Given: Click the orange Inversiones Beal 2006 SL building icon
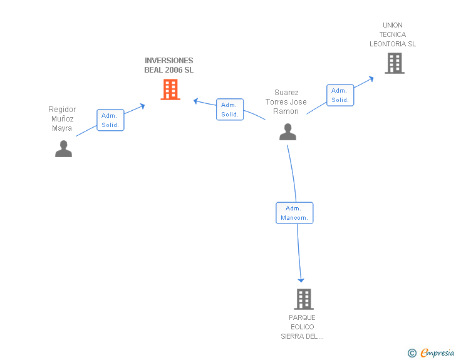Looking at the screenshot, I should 170,90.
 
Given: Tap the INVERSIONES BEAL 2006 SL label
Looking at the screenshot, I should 169,66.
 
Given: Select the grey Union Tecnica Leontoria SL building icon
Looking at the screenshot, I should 394,63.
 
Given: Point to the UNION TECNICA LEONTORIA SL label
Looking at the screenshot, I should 393,35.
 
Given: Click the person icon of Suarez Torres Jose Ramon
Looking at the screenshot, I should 288,131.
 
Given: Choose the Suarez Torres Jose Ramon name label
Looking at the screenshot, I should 286,102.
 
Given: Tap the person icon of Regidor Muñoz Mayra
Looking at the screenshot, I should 63,148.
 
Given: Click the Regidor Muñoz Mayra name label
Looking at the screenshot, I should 62,119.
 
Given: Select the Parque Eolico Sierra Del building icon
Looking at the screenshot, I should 304,299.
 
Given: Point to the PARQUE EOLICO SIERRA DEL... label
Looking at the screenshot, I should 302,327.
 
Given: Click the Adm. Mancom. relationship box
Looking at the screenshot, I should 294,213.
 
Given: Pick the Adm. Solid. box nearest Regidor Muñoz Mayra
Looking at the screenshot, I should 110,120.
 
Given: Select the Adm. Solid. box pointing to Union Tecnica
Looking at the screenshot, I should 340,95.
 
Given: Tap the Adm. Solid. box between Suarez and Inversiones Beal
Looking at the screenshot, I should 230,110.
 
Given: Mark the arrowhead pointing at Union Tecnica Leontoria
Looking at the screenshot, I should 371,78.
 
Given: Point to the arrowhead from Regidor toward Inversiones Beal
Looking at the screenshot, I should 142,106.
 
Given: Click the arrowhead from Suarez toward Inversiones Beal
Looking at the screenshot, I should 196,100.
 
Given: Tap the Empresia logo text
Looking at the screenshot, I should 437,352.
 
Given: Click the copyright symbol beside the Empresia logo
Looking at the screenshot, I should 412,354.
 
